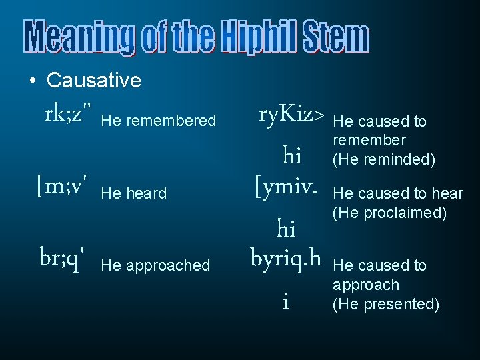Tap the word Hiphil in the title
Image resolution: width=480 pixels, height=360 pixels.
click(x=260, y=37)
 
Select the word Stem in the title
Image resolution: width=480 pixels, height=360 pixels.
click(x=335, y=37)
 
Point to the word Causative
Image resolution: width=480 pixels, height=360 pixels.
click(x=94, y=81)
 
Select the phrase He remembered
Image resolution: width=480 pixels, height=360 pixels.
click(x=159, y=121)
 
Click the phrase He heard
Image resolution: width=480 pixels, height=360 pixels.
click(x=133, y=193)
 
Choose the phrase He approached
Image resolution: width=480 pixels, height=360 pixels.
click(x=155, y=265)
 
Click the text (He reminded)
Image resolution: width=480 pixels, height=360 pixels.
click(x=384, y=160)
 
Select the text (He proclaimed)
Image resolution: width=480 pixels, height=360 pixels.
click(x=389, y=213)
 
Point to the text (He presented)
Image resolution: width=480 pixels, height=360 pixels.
click(x=386, y=304)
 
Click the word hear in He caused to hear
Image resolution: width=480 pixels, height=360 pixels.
click(x=447, y=193)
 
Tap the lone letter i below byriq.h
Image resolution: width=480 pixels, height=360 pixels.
click(x=285, y=302)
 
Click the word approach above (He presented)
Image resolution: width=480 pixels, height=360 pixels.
click(x=366, y=285)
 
